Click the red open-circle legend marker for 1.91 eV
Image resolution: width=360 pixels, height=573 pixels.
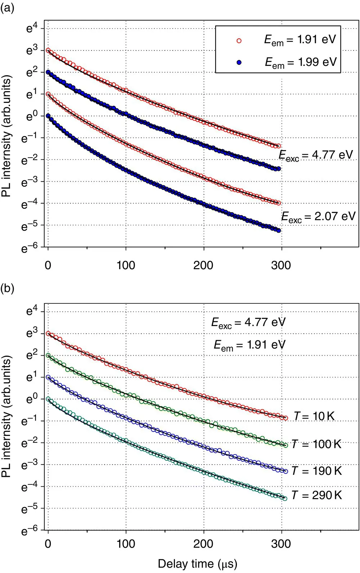(x=239, y=41)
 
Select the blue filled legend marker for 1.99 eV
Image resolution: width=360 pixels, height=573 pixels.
(x=239, y=63)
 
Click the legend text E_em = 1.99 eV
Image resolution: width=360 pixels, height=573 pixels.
(x=301, y=62)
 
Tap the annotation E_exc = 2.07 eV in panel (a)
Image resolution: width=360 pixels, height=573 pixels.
(x=318, y=217)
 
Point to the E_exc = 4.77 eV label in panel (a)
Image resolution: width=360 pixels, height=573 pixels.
(x=316, y=155)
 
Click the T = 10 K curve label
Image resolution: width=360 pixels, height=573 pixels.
(x=314, y=416)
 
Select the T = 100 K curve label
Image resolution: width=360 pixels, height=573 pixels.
(x=316, y=444)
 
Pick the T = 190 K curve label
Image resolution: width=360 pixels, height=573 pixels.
(x=316, y=471)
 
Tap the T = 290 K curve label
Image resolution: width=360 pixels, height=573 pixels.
(x=316, y=495)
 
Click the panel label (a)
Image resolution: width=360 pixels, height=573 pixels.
(x=7, y=8)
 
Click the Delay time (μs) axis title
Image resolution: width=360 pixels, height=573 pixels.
(x=198, y=564)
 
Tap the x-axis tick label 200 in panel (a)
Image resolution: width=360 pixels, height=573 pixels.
(x=203, y=266)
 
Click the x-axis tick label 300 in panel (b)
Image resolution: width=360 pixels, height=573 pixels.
(x=281, y=543)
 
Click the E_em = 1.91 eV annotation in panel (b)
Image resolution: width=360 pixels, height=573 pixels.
(x=249, y=345)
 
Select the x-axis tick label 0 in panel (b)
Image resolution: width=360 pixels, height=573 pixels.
(x=48, y=543)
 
